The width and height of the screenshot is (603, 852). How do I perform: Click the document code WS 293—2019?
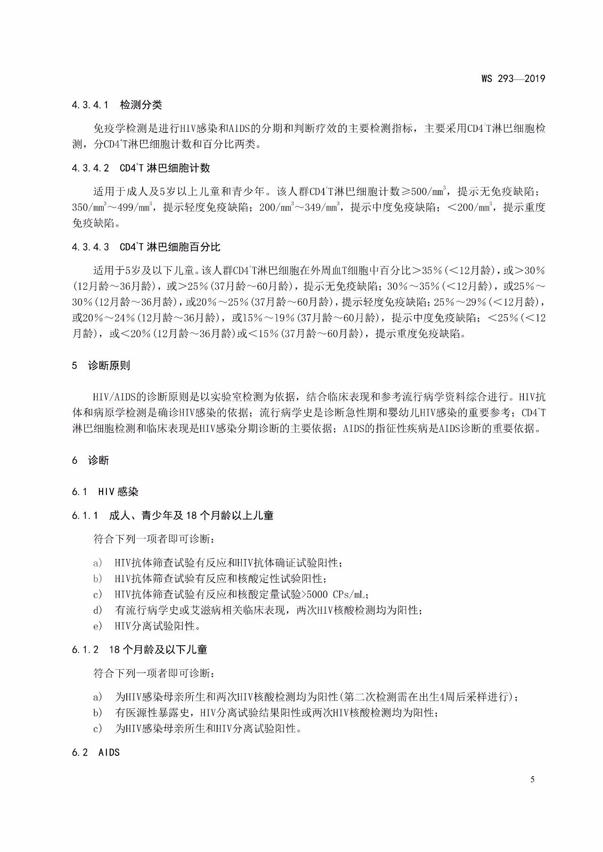pyautogui.click(x=513, y=79)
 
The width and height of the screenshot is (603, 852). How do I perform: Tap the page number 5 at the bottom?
pyautogui.click(x=532, y=779)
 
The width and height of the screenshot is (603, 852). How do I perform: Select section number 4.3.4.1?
pyautogui.click(x=90, y=105)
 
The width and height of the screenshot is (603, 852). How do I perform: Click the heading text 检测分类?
pyautogui.click(x=141, y=105)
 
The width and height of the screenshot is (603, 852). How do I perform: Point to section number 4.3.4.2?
pyautogui.click(x=90, y=168)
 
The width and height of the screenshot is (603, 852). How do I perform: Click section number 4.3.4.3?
pyautogui.click(x=90, y=247)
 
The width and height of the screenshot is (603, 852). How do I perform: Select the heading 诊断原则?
pyautogui.click(x=109, y=365)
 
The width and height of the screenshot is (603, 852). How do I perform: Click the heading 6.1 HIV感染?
pyautogui.click(x=105, y=492)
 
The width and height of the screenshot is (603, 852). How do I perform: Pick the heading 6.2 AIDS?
pyautogui.click(x=96, y=752)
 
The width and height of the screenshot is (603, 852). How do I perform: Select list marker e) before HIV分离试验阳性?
pyautogui.click(x=98, y=626)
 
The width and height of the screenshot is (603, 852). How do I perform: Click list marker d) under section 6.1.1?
pyautogui.click(x=98, y=610)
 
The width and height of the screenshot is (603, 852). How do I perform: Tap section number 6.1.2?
pyautogui.click(x=85, y=649)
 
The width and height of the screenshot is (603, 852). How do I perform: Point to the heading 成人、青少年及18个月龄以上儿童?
pyautogui.click(x=191, y=515)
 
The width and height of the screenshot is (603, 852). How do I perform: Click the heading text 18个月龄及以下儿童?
pyautogui.click(x=158, y=649)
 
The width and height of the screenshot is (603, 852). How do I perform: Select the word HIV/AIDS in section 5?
pyautogui.click(x=115, y=397)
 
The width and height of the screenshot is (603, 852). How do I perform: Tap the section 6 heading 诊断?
pyautogui.click(x=98, y=460)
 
